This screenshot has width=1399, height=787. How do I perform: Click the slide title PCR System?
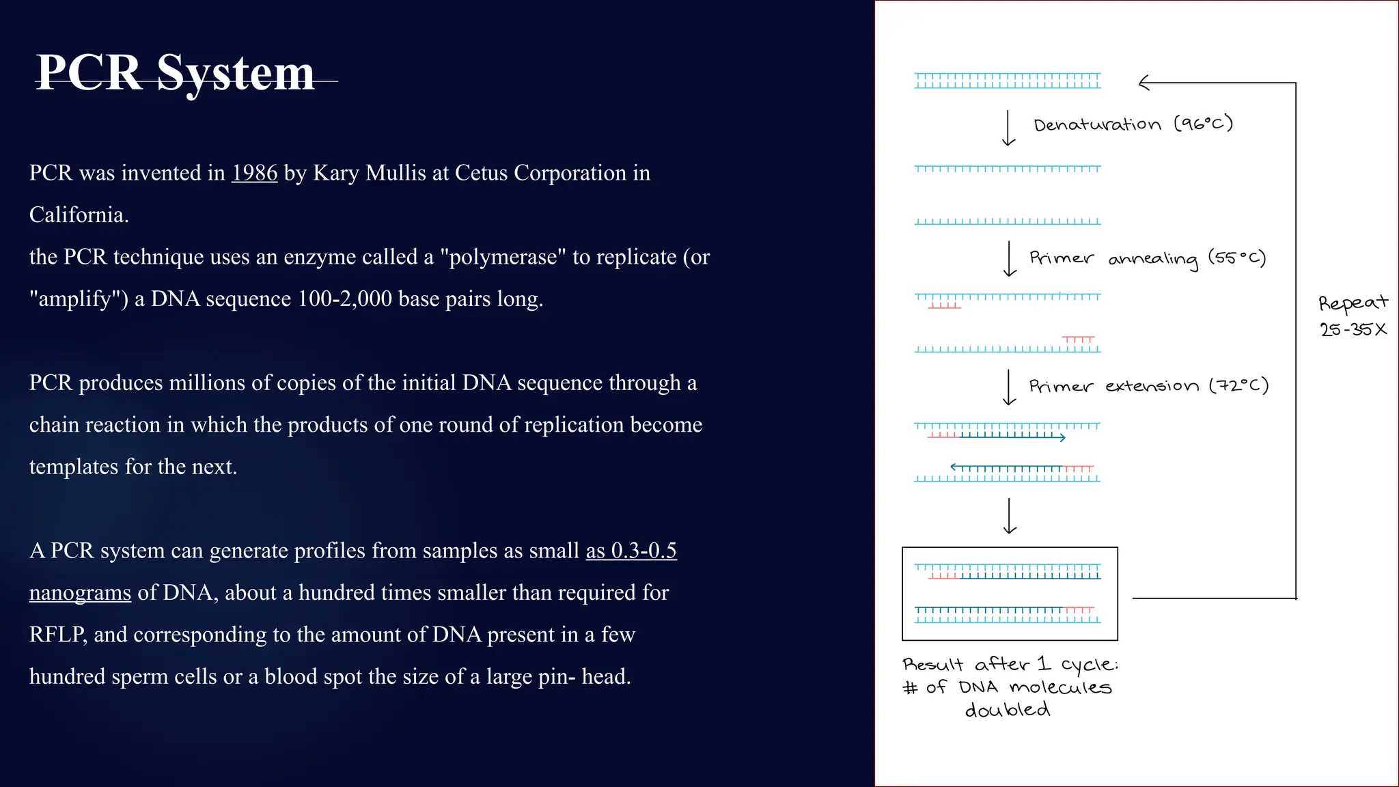[x=175, y=72]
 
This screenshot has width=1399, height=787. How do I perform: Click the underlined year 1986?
[x=254, y=173]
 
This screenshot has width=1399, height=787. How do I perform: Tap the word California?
[x=79, y=215]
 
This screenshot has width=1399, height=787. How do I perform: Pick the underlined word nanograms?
[x=80, y=592]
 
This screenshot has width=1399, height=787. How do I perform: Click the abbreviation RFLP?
[x=57, y=635]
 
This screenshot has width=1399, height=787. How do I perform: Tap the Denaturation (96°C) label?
[x=1133, y=124]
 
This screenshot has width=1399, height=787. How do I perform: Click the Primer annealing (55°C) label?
[x=1148, y=258]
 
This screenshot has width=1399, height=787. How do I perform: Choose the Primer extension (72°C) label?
[x=1149, y=386]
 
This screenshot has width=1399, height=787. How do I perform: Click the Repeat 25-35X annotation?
[x=1353, y=316]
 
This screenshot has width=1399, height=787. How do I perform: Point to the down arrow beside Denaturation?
[x=1008, y=128]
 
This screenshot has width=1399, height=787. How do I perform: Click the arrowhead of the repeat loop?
[x=1144, y=83]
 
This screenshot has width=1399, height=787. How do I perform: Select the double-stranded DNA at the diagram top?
[x=1008, y=81]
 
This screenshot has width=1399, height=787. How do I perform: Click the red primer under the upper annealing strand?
[x=944, y=306]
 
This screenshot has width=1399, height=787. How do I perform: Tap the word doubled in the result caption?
[x=1008, y=710]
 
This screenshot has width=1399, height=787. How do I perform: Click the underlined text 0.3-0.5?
[x=643, y=551]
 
